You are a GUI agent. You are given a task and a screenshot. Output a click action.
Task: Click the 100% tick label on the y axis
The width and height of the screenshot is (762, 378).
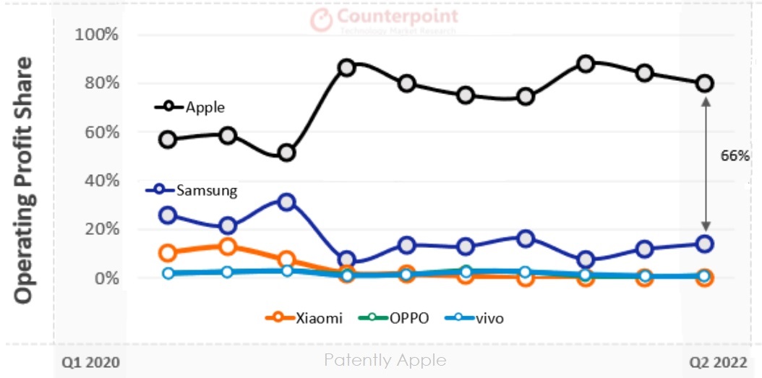tap(95, 35)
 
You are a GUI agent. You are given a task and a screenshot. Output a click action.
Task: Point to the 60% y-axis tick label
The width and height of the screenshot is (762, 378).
tap(98, 132)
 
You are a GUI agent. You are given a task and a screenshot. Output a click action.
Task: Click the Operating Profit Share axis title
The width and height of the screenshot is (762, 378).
tap(24, 181)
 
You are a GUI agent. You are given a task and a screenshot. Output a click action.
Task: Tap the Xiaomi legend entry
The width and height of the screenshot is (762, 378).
tap(304, 317)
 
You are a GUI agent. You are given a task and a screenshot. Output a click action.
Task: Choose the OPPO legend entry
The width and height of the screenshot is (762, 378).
tap(395, 317)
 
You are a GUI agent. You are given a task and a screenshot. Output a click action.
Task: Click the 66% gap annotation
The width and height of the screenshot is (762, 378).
tap(735, 155)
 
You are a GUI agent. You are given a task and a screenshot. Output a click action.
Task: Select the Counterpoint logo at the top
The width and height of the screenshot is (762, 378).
tap(385, 20)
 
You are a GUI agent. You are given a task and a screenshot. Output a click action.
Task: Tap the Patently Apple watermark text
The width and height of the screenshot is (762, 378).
tap(385, 360)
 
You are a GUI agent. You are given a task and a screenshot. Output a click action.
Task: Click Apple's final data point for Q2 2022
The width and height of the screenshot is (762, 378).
tap(704, 83)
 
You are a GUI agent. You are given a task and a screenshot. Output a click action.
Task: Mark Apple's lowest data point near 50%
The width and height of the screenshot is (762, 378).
tap(287, 153)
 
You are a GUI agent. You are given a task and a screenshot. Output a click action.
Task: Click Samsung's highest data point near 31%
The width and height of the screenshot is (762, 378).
tap(287, 202)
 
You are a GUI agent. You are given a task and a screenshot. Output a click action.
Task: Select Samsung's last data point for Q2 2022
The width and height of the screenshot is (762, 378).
tap(704, 244)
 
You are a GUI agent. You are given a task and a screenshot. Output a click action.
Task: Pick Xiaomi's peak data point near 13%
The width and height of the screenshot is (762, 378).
tap(227, 246)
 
